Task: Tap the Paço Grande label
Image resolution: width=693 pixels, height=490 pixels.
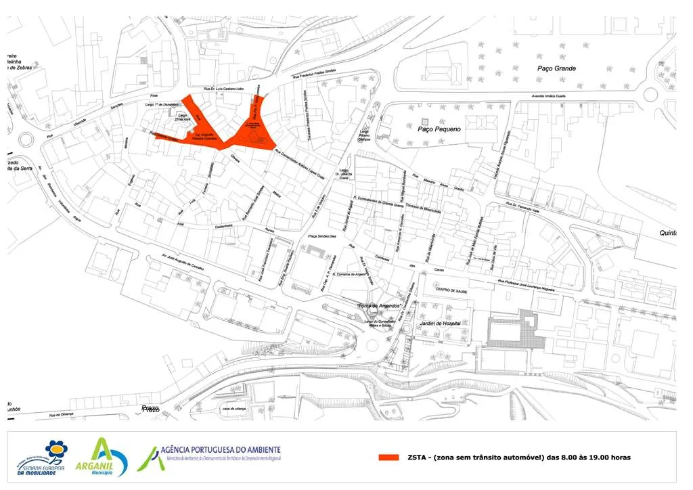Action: (556, 68)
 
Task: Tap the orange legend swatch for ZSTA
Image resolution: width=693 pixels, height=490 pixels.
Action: (388, 458)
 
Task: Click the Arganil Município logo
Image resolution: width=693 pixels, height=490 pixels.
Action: (109, 458)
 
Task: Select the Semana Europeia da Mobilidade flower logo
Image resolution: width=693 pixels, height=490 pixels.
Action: (58, 457)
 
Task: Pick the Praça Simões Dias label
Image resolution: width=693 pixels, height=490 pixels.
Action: (322, 236)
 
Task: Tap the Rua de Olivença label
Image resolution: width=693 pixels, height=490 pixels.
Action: (61, 416)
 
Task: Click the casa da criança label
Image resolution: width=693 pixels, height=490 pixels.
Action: (236, 409)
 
